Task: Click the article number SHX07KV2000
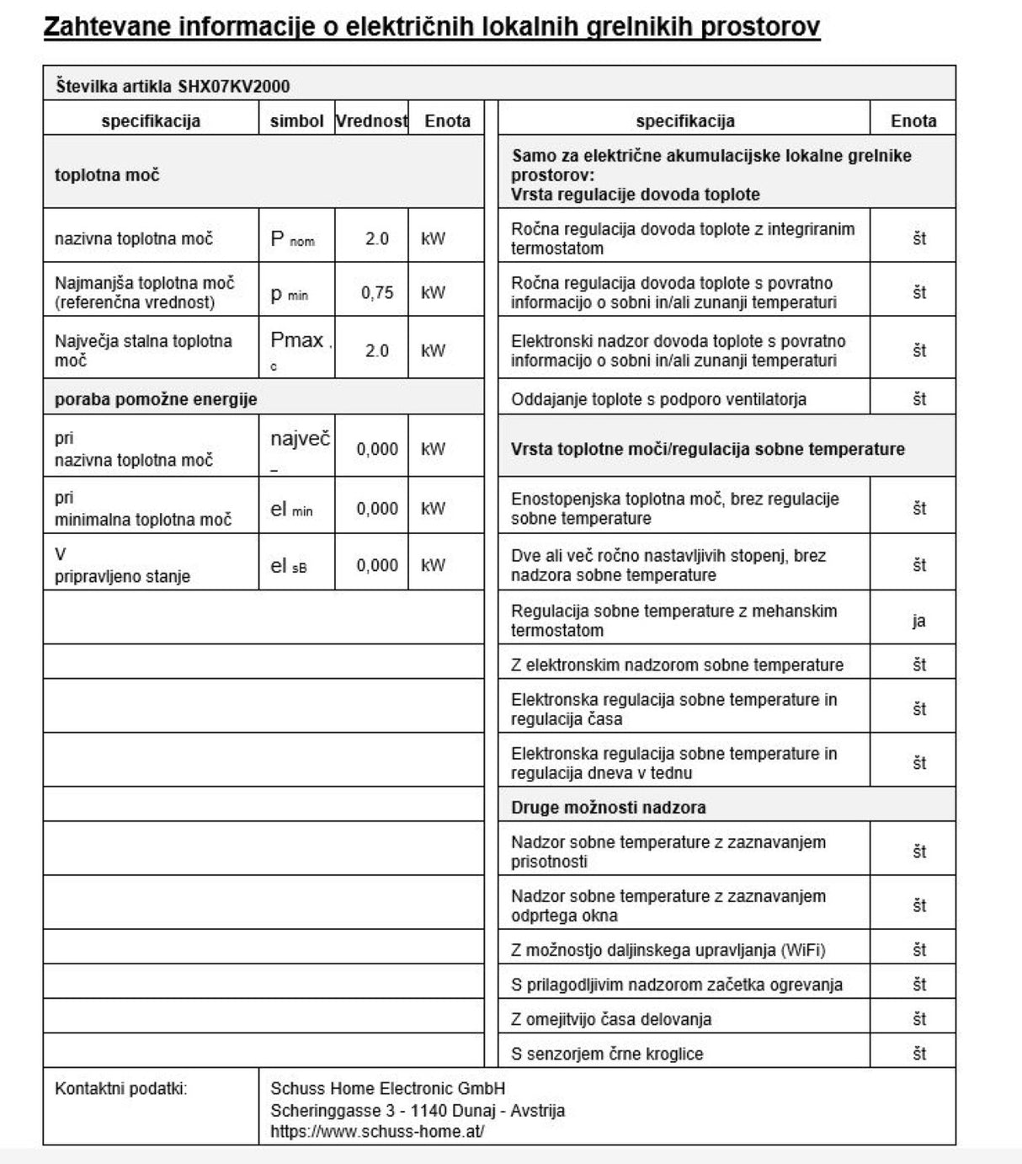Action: [x=234, y=86]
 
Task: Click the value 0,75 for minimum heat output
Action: [x=377, y=292]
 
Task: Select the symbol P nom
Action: [x=292, y=239]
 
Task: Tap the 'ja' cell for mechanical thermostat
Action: [x=918, y=621]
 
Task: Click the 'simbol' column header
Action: [x=296, y=120]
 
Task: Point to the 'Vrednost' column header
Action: [x=371, y=120]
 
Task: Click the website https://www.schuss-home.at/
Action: [x=377, y=1131]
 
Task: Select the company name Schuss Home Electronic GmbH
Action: [x=387, y=1088]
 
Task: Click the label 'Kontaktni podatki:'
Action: [x=121, y=1088]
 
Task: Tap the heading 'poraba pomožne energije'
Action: [x=156, y=399]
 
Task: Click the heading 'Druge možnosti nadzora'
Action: [x=608, y=807]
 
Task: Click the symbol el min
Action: [x=291, y=510]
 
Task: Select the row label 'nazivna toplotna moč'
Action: [x=134, y=239]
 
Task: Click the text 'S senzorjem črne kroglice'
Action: [x=607, y=1054]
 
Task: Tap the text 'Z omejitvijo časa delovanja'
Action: [x=611, y=1019]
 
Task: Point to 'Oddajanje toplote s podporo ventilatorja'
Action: [x=658, y=399]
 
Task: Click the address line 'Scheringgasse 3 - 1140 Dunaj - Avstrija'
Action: [x=418, y=1110]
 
